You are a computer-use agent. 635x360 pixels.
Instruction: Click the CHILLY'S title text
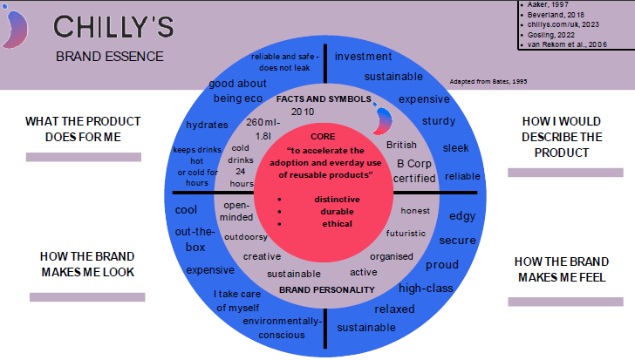pos(113,27)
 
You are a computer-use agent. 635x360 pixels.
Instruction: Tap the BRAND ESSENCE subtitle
pos(110,57)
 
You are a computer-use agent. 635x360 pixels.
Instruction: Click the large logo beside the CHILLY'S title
pos(15,28)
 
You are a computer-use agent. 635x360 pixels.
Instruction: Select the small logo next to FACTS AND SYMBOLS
pos(382,119)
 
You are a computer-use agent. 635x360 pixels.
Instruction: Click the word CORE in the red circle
pos(323,137)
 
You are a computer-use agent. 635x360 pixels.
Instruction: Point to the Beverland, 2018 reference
pos(556,15)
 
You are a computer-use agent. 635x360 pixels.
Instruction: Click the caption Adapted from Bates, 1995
pos(488,82)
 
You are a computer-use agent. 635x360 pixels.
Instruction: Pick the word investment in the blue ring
pos(363,57)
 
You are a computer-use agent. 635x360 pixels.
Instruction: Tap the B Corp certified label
pos(414,171)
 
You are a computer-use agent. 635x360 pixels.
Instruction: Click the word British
pos(401,145)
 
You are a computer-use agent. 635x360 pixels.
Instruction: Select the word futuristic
pos(406,234)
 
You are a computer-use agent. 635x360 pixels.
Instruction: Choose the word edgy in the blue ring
pos(462,216)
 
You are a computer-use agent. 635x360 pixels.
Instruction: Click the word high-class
pos(426,289)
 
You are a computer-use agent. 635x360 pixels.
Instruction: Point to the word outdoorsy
pos(246,237)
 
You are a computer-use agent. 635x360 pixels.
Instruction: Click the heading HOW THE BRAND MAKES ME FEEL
pos(562,269)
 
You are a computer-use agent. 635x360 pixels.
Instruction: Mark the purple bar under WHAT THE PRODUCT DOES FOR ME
pos(84,157)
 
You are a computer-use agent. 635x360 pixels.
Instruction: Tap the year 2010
pos(303,112)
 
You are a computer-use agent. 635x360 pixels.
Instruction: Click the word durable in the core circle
pos(337,212)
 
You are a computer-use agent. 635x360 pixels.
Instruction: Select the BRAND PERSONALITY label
pos(327,290)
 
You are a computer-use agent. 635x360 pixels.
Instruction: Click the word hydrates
pos(207,125)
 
